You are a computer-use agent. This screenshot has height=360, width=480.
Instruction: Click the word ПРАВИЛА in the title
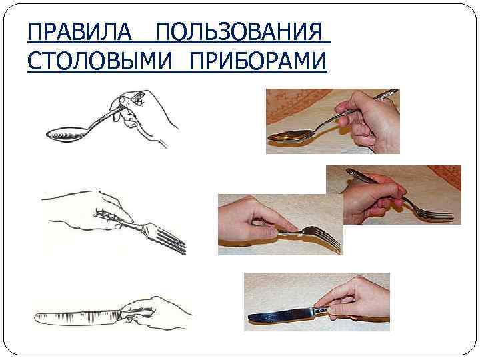tap(80, 31)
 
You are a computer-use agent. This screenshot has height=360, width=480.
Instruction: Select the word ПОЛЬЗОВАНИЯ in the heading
tap(239, 31)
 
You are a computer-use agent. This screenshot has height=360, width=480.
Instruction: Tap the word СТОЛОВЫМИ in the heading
tap(100, 61)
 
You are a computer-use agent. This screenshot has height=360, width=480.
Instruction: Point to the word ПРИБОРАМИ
tap(259, 61)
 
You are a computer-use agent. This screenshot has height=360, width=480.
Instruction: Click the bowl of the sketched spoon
tap(66, 134)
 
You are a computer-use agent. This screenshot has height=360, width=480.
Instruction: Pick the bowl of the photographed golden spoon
tap(290, 136)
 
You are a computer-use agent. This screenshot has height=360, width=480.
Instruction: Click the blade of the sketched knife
tap(77, 317)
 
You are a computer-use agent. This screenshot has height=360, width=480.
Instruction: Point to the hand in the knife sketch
tap(156, 312)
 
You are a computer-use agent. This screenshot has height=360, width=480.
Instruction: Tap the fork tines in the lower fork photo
tap(325, 239)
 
